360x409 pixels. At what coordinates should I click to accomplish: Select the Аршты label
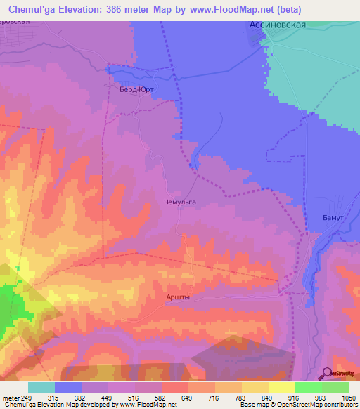coord(178,297)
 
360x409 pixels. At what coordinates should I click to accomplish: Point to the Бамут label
coord(332,219)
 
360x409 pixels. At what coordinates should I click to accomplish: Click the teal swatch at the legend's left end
coord(41,387)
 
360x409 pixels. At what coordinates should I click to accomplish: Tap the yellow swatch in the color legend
coord(281,387)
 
